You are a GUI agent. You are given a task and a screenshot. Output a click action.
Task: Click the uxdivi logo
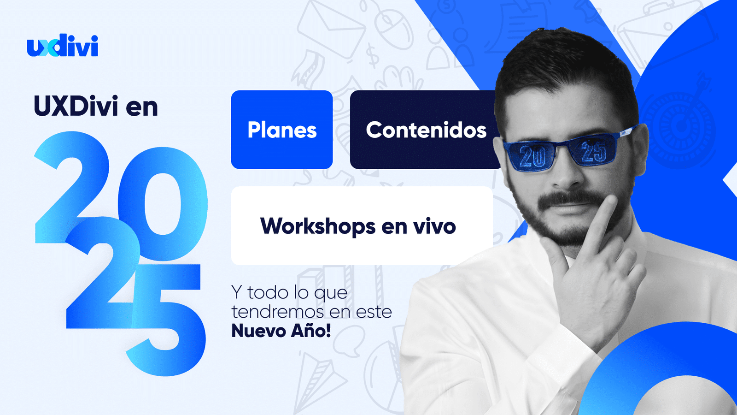click(x=62, y=45)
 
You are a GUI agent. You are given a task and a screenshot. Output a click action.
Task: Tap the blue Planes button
click(x=281, y=130)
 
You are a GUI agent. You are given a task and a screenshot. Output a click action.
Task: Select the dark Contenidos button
click(x=426, y=130)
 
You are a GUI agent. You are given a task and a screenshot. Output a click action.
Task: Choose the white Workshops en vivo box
click(x=362, y=225)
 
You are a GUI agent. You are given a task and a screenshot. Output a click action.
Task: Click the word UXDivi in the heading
click(x=76, y=107)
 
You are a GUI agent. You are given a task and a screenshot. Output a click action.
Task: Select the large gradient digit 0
click(x=163, y=203)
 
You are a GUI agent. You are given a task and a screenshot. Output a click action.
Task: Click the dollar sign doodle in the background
click(x=373, y=55)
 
